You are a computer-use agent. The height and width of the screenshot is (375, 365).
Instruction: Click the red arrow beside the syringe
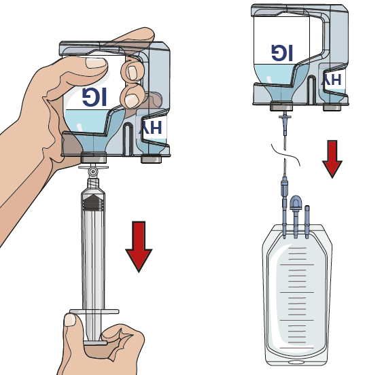[x=139, y=247]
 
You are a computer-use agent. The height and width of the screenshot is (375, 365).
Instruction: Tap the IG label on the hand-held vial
[x=94, y=96]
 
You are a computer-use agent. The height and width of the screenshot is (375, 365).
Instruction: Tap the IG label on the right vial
[x=282, y=52]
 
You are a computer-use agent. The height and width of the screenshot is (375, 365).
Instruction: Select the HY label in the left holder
[x=150, y=128]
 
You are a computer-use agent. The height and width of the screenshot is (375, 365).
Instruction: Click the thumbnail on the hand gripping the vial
[x=96, y=63]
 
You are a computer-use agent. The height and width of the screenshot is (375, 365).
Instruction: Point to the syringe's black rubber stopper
[x=93, y=202]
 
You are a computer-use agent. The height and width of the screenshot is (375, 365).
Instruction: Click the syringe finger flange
[x=94, y=311]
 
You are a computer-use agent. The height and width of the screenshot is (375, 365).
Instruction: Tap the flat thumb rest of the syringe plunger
[x=95, y=343]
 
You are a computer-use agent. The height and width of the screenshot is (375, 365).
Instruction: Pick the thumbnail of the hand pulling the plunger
[x=70, y=320]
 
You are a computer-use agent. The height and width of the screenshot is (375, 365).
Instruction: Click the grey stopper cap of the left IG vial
[x=94, y=158]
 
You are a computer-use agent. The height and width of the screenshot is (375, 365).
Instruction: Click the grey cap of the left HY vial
[x=151, y=159]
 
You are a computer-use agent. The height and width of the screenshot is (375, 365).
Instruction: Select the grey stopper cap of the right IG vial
[x=281, y=107]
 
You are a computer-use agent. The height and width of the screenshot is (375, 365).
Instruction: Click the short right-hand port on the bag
[x=307, y=221]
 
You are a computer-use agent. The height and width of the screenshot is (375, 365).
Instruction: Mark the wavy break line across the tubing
[x=285, y=154]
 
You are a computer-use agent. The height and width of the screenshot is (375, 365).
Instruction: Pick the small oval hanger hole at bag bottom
[x=296, y=362]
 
